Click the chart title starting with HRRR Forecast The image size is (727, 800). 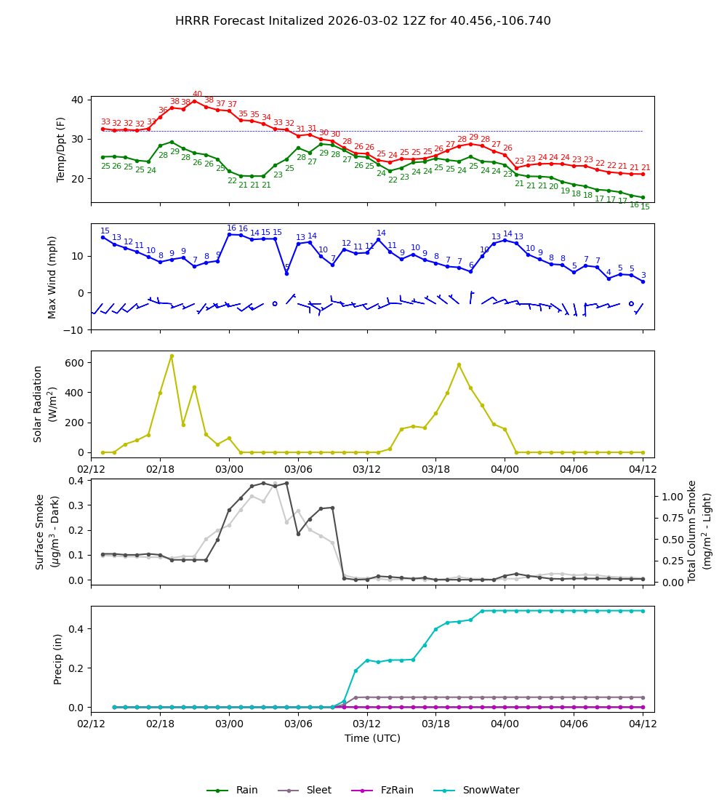coord(363,21)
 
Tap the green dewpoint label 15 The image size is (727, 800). coord(645,207)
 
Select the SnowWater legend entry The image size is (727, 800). coord(491,791)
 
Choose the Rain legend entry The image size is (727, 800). coord(246,791)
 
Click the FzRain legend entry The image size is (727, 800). coord(397,791)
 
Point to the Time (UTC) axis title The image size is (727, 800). coord(372,738)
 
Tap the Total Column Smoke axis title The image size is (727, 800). coord(699,531)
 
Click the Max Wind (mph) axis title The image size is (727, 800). coord(52,276)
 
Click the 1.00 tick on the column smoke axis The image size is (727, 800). coord(672,496)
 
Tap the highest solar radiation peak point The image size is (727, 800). coord(172,356)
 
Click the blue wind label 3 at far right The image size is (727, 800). coord(643,276)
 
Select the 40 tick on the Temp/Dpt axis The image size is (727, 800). coord(78,100)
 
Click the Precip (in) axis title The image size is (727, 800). coord(58,659)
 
